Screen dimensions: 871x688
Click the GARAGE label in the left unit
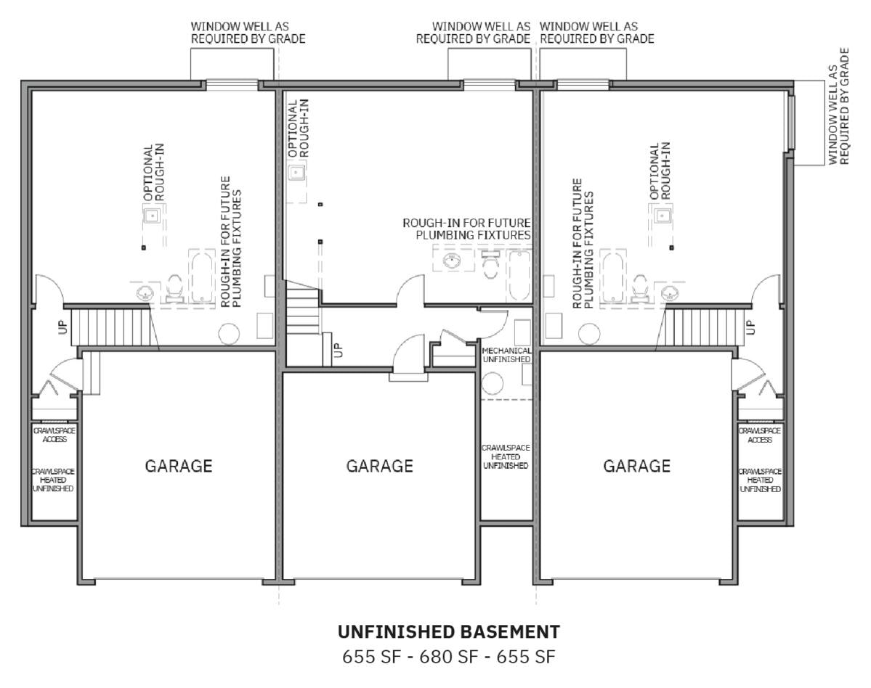point(178,465)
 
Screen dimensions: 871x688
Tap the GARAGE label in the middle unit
point(380,465)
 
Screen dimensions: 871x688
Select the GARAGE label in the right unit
point(636,465)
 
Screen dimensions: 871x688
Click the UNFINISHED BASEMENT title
point(449,631)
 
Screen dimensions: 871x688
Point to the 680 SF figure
point(449,657)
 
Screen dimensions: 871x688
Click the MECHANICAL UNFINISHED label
point(506,355)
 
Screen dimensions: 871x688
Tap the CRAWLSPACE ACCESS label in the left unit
point(54,435)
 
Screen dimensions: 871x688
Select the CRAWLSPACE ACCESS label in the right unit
point(759,435)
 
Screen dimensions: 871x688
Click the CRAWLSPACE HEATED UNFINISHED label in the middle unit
point(506,456)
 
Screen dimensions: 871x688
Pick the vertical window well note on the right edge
point(838,107)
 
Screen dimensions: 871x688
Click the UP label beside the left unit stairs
point(62,327)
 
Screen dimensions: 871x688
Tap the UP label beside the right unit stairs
point(750,327)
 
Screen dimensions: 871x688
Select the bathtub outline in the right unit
point(612,277)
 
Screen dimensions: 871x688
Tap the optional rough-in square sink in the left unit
point(152,216)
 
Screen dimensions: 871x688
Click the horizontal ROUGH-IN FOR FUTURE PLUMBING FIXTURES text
point(466,229)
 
